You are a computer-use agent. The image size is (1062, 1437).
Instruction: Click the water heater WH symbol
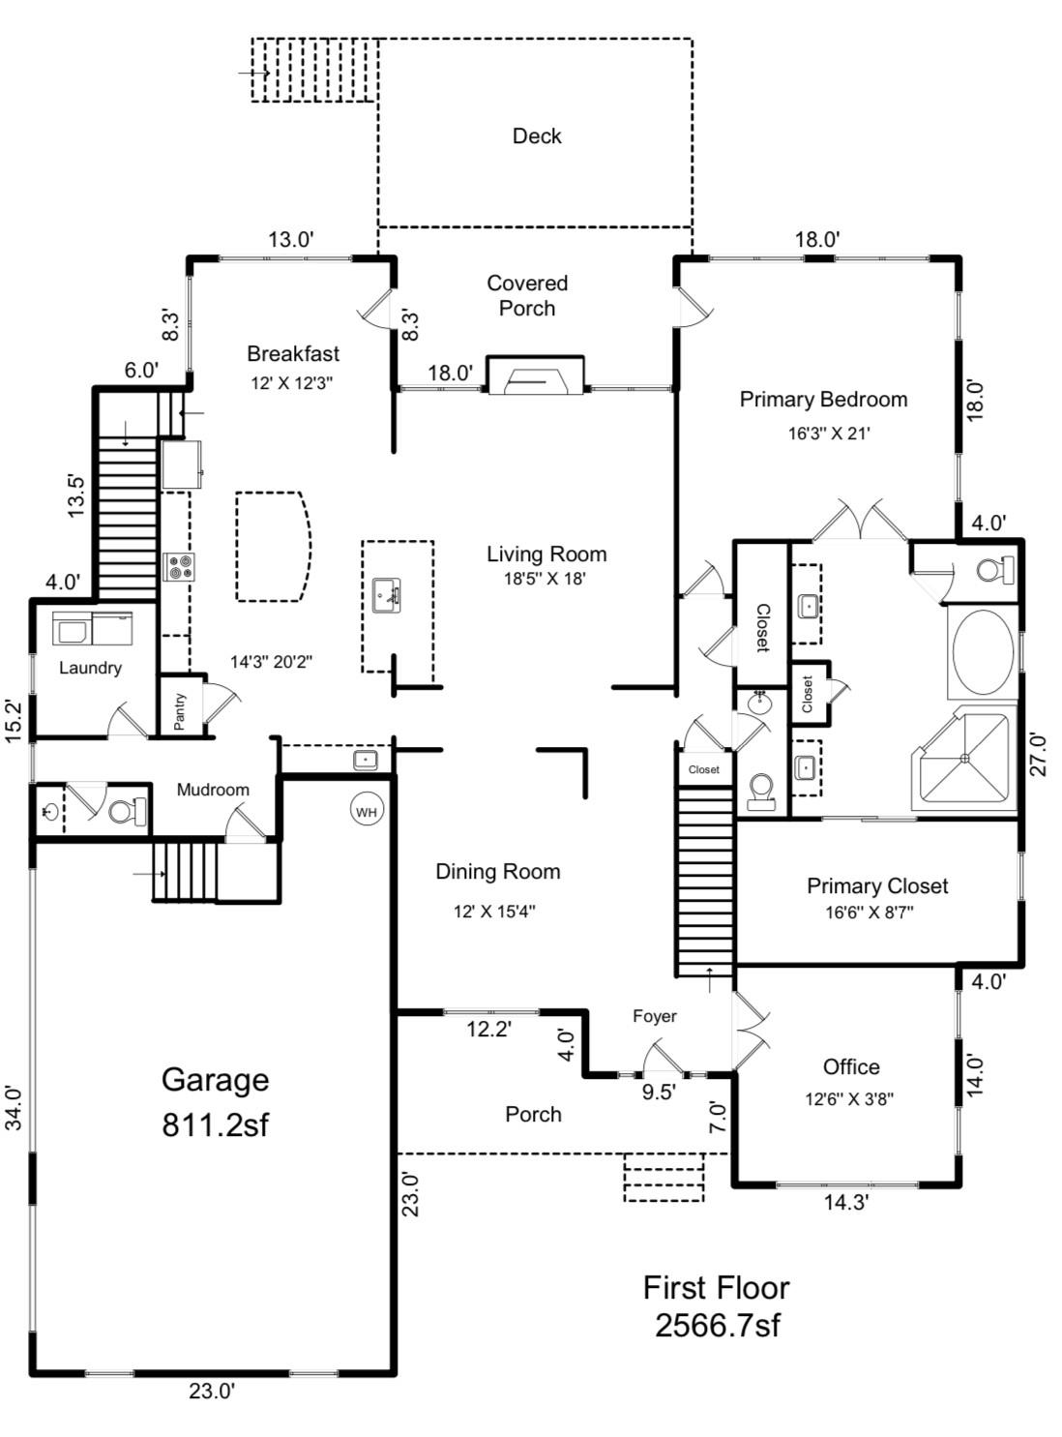click(367, 811)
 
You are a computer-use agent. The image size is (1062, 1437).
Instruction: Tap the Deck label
click(537, 136)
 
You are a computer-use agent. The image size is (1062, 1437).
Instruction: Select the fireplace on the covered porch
click(535, 376)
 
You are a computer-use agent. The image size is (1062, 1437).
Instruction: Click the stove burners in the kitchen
click(179, 567)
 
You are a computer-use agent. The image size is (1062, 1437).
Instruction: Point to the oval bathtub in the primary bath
click(983, 651)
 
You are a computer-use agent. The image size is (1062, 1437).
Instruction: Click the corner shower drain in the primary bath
click(964, 758)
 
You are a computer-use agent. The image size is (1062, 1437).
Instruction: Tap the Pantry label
click(180, 711)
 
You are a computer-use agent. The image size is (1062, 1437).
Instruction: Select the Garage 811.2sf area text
click(215, 1102)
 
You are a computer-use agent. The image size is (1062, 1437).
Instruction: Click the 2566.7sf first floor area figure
click(717, 1325)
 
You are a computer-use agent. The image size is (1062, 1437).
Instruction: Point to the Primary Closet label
click(877, 885)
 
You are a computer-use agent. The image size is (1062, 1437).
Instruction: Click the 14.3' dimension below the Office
click(846, 1203)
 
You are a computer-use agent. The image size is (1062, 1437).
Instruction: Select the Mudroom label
click(213, 790)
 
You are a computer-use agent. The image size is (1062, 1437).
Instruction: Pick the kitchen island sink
click(387, 594)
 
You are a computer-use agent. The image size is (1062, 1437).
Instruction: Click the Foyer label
click(655, 1016)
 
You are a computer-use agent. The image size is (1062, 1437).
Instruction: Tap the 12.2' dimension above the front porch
click(488, 1030)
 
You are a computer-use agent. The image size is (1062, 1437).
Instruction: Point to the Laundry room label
click(90, 668)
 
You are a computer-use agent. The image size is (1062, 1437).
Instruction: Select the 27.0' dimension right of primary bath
click(1038, 755)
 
